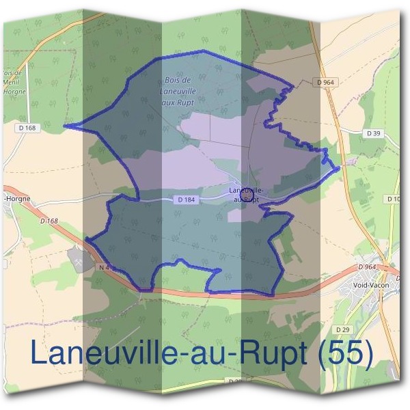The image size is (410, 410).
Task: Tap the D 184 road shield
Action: coord(184,200)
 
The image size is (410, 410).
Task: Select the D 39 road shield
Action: coord(373,133)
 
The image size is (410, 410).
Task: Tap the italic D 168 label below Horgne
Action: coord(49,221)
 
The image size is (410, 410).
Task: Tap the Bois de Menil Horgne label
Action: coord(12,85)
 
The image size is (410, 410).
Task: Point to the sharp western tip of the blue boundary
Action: coord(65,125)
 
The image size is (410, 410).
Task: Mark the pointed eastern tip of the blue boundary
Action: coord(340,168)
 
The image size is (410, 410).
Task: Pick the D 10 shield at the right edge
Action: coord(394,199)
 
